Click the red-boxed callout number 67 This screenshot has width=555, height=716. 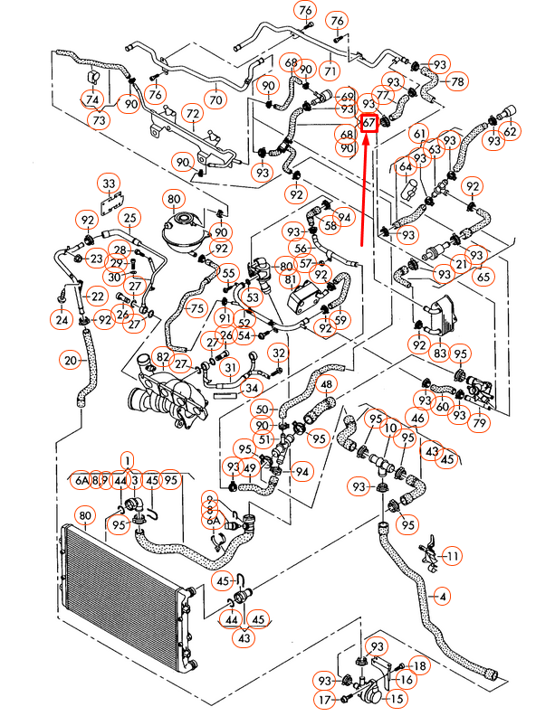click(x=369, y=122)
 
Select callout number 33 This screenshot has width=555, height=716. click(x=110, y=184)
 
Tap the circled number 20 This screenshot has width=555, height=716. click(x=71, y=361)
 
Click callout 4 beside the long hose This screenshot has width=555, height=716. click(x=443, y=596)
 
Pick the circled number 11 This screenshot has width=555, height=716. click(x=451, y=555)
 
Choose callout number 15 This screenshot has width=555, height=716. click(x=397, y=699)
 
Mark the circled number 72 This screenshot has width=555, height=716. click(x=192, y=114)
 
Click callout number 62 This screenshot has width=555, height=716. click(x=511, y=131)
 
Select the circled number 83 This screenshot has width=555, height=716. click(x=441, y=352)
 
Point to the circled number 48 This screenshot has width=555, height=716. click(x=326, y=386)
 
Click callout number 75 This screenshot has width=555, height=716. click(x=196, y=307)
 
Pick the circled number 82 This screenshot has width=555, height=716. click(x=162, y=359)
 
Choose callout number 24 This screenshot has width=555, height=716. click(x=62, y=319)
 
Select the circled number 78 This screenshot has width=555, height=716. click(x=456, y=81)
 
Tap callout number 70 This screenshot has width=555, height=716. click(x=215, y=99)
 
